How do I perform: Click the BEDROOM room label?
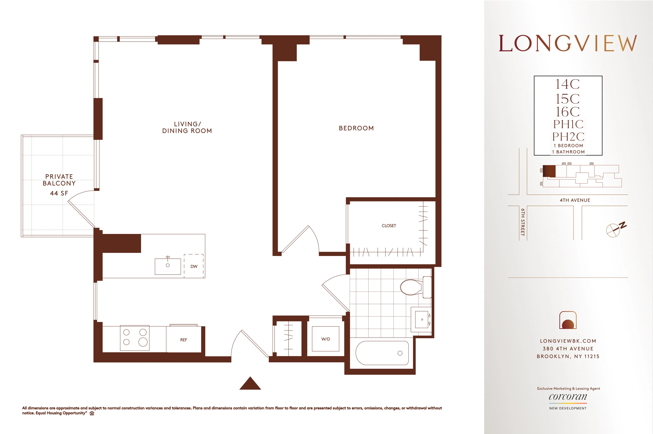(x=356, y=128)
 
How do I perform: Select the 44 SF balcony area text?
(x=59, y=193)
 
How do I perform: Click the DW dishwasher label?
(x=194, y=267)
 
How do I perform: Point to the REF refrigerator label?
(x=184, y=340)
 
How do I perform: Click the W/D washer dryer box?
(x=325, y=339)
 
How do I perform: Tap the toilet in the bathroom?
(x=413, y=287)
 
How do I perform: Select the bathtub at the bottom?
(x=382, y=353)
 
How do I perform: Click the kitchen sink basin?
(x=168, y=266)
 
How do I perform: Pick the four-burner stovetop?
(x=135, y=338)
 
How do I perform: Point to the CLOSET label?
(x=389, y=226)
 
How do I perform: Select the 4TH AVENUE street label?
(x=575, y=200)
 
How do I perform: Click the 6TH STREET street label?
(x=523, y=222)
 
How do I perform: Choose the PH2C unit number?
(x=568, y=137)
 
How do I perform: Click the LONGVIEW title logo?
(x=568, y=43)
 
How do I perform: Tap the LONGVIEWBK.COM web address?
(x=568, y=341)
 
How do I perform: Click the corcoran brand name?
(x=568, y=397)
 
